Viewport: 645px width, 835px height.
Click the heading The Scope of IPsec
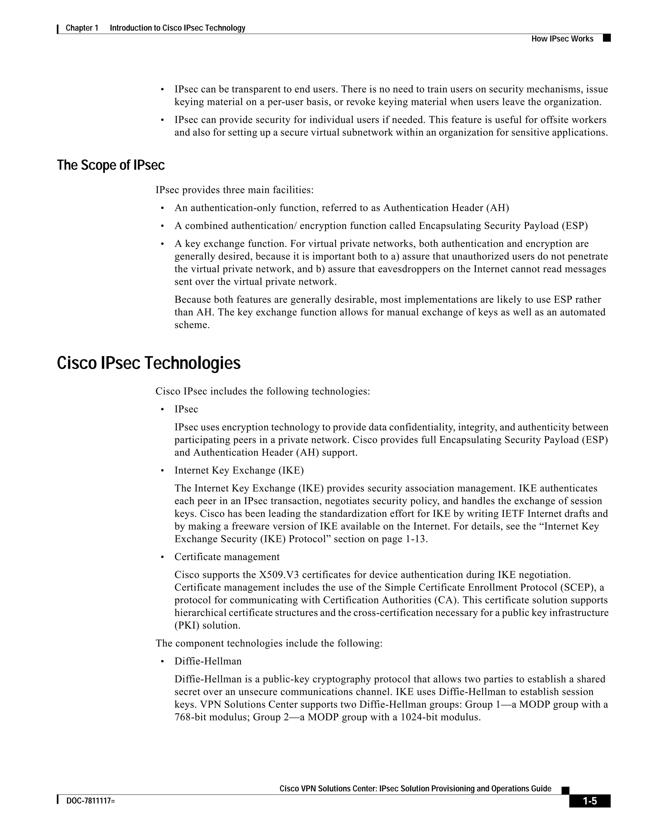click(x=111, y=165)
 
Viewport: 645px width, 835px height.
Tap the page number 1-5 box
click(x=589, y=801)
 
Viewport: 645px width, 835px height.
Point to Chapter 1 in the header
click(x=82, y=28)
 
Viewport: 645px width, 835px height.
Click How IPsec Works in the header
click(x=562, y=39)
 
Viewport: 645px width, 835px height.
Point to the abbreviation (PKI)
click(x=186, y=626)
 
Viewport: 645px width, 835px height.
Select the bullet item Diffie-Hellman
click(x=208, y=661)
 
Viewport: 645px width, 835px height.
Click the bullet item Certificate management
click(x=227, y=557)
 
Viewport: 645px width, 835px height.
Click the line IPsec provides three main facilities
click(x=234, y=190)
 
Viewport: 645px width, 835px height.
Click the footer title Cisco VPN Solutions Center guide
click(x=415, y=789)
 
